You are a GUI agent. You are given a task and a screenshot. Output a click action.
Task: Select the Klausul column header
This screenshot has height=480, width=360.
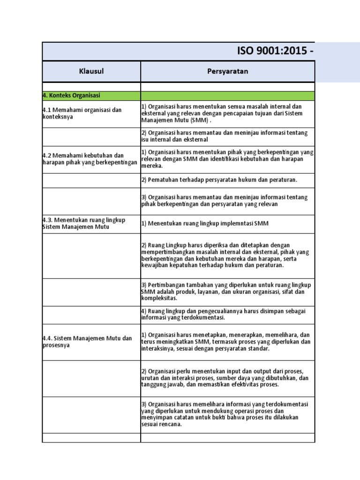tap(91, 71)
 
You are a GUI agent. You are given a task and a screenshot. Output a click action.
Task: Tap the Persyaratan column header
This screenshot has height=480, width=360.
tap(228, 71)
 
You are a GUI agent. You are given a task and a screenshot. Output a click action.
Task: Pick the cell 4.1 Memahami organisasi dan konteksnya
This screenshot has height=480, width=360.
tap(82, 113)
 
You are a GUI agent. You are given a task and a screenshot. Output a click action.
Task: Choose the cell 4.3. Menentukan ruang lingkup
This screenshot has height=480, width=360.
tap(84, 224)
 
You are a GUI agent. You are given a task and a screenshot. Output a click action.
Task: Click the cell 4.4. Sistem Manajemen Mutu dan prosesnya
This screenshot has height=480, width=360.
tap(87, 342)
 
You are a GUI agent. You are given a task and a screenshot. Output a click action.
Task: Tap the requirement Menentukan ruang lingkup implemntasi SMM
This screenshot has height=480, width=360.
tap(205, 224)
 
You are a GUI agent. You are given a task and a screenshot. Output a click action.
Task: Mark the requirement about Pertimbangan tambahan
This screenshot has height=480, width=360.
tap(226, 292)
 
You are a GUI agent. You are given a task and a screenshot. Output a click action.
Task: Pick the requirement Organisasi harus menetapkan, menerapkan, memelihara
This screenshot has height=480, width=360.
tap(226, 342)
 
